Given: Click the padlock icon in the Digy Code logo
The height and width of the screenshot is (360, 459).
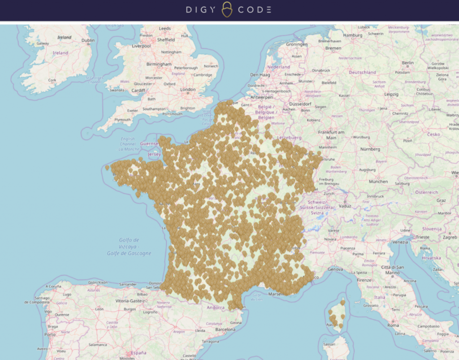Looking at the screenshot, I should pos(227,10).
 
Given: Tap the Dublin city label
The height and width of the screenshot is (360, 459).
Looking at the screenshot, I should pos(88,40).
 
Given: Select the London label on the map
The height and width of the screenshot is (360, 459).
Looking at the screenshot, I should pos(188,90).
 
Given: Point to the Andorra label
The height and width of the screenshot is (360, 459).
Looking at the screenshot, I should pos(215,308).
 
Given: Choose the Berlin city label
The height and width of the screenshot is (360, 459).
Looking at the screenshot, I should pos(408,63).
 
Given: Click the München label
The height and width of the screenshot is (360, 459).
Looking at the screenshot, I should pos(378,181).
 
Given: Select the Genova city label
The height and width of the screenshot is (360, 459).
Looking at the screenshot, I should pos(335,270).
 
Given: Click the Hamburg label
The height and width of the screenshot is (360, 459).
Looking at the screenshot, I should pos(352,35).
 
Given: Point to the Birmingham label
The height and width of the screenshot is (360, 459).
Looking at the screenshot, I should pos(159,64).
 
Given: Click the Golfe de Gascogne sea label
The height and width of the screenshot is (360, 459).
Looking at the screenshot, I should pos(129,253).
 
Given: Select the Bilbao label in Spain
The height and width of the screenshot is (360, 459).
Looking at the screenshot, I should pos(142,295).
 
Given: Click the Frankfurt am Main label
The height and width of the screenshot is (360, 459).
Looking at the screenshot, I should pos(331,135).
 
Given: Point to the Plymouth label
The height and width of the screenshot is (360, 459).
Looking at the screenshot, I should pos(122,120).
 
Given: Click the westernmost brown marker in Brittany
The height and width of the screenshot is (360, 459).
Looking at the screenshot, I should pos(107,167).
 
